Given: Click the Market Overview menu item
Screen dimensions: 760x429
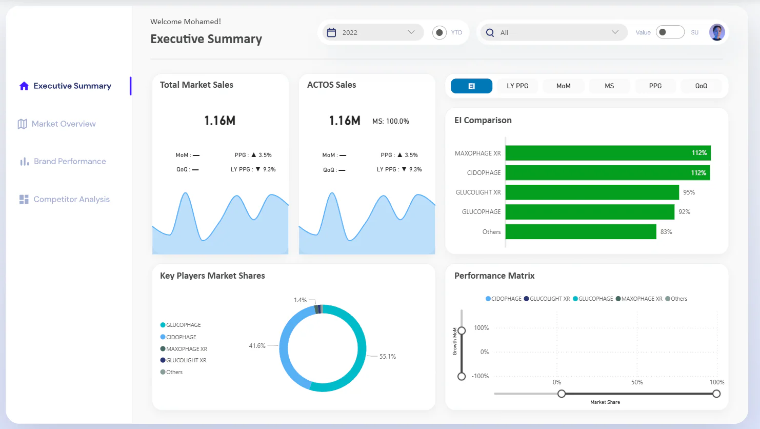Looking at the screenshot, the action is (56, 124).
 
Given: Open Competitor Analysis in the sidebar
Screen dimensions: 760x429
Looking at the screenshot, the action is (65, 199).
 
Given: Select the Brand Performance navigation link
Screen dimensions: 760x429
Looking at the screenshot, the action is (63, 161).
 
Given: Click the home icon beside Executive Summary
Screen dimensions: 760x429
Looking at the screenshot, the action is (24, 86).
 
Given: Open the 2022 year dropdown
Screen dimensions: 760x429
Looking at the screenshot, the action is (373, 32).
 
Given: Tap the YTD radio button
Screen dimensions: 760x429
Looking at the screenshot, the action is (439, 32).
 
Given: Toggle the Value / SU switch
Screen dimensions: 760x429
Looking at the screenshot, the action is (670, 32).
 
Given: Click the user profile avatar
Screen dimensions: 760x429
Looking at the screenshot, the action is (717, 32).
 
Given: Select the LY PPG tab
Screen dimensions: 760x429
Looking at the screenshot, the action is (517, 86).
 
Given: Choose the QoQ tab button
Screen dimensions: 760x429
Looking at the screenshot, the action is (701, 86).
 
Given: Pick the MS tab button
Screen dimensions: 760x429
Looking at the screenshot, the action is (609, 86).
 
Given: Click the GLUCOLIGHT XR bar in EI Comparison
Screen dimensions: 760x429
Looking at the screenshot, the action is (592, 192).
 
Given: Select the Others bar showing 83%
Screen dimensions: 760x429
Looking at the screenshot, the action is (581, 232).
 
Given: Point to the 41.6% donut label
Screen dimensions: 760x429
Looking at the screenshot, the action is (257, 345).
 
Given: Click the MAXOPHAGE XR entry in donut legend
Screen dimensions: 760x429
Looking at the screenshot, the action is (184, 349).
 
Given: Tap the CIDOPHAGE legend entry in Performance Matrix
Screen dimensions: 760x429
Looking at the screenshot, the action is (504, 299).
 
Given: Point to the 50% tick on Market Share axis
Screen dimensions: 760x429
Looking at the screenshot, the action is (637, 382).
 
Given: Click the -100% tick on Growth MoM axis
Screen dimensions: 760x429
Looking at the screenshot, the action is (480, 376).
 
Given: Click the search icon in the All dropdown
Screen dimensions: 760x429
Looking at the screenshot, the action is (490, 32).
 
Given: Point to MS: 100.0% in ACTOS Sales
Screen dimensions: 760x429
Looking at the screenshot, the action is (391, 121).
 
